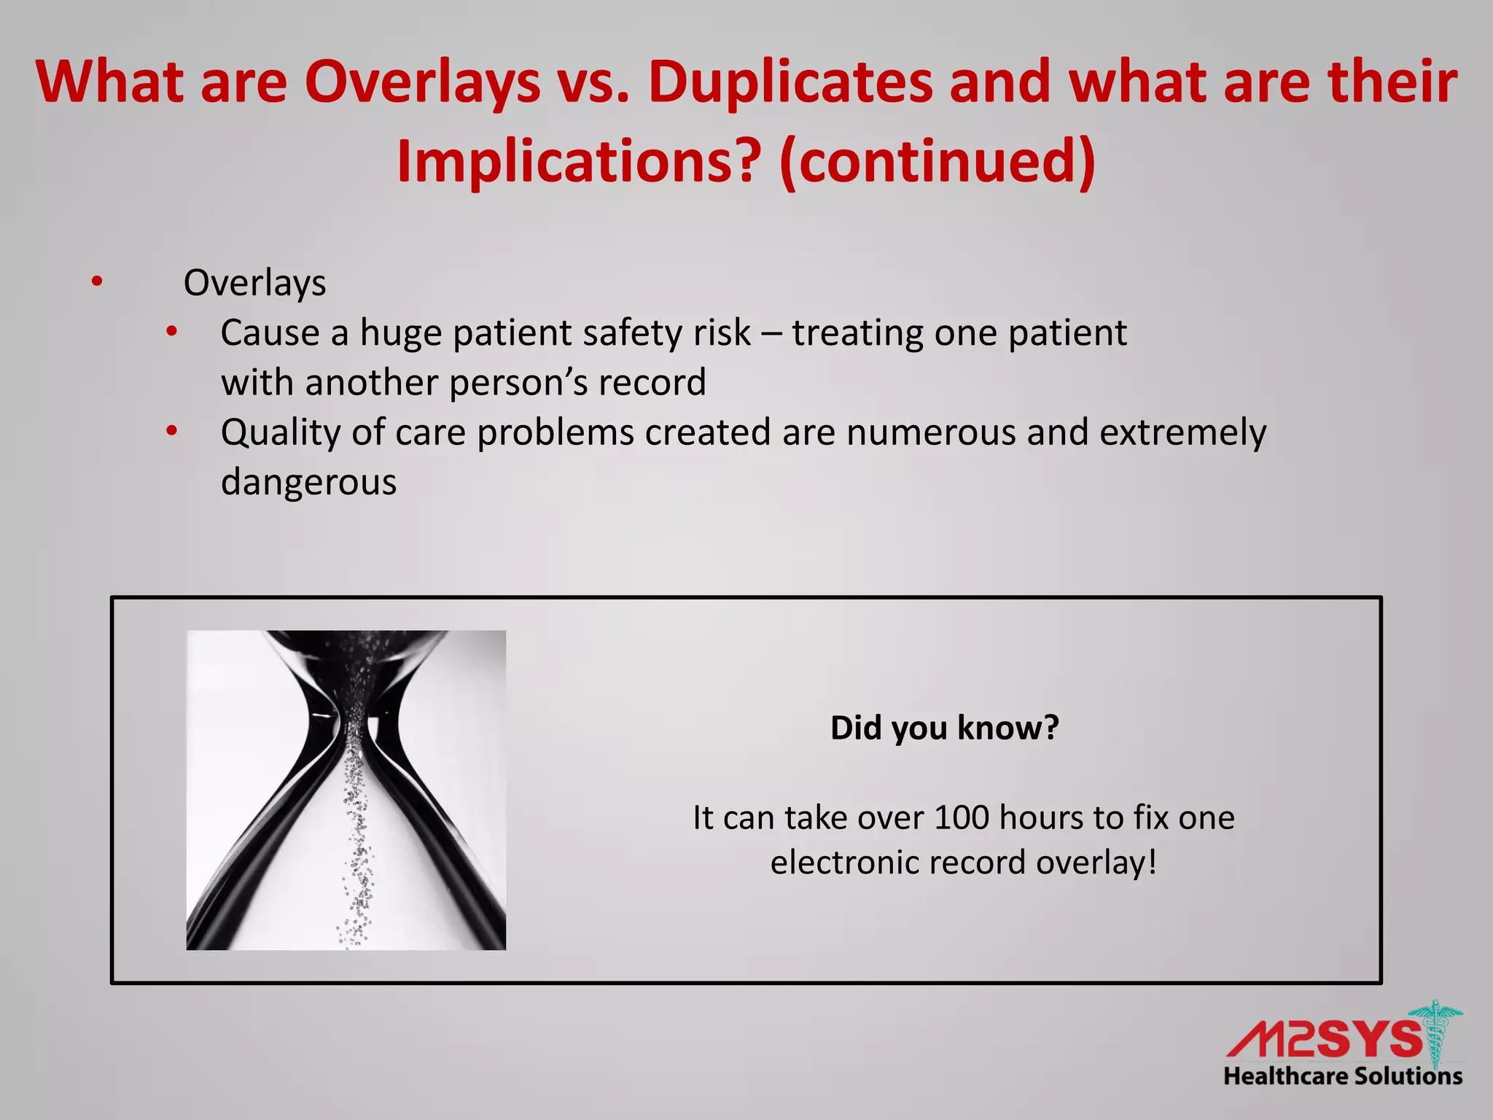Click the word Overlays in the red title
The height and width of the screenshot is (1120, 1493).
tap(423, 82)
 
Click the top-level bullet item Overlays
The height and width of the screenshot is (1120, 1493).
tap(254, 283)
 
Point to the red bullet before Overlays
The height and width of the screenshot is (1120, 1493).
tap(97, 281)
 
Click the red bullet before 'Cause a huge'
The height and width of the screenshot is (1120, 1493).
tap(171, 332)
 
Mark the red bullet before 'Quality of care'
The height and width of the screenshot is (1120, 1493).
tap(171, 432)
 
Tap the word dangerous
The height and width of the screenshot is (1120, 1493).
tap(308, 482)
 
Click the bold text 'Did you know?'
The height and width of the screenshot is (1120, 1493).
tap(944, 728)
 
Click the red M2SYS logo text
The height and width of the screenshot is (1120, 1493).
tap(1323, 1038)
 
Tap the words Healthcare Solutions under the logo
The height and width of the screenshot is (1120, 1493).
tap(1343, 1076)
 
